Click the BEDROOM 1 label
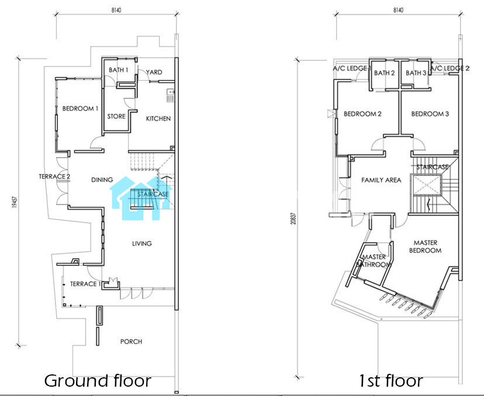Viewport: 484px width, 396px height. tap(80, 109)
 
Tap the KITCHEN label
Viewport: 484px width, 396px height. tap(158, 119)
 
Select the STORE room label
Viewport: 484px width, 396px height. tap(116, 116)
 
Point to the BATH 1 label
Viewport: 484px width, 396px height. tap(118, 70)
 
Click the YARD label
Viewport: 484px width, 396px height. tap(154, 72)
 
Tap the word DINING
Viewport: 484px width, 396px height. tap(102, 179)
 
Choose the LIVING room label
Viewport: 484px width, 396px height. tap(142, 244)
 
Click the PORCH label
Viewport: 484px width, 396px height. tap(131, 342)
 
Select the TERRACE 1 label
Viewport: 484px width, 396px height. tap(85, 284)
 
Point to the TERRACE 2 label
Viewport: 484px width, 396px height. tap(54, 176)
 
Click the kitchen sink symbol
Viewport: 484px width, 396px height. tap(170, 95)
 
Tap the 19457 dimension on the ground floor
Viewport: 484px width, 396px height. tap(15, 202)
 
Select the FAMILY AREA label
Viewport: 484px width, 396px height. tap(381, 180)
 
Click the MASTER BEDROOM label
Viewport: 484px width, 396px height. tap(426, 246)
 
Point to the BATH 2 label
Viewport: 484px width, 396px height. tap(384, 73)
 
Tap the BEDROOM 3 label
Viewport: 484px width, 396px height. tap(430, 114)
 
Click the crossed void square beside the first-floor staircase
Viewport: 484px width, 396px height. tap(426, 185)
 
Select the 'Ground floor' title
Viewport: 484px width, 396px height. tap(98, 381)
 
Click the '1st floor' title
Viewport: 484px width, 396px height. tap(390, 381)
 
